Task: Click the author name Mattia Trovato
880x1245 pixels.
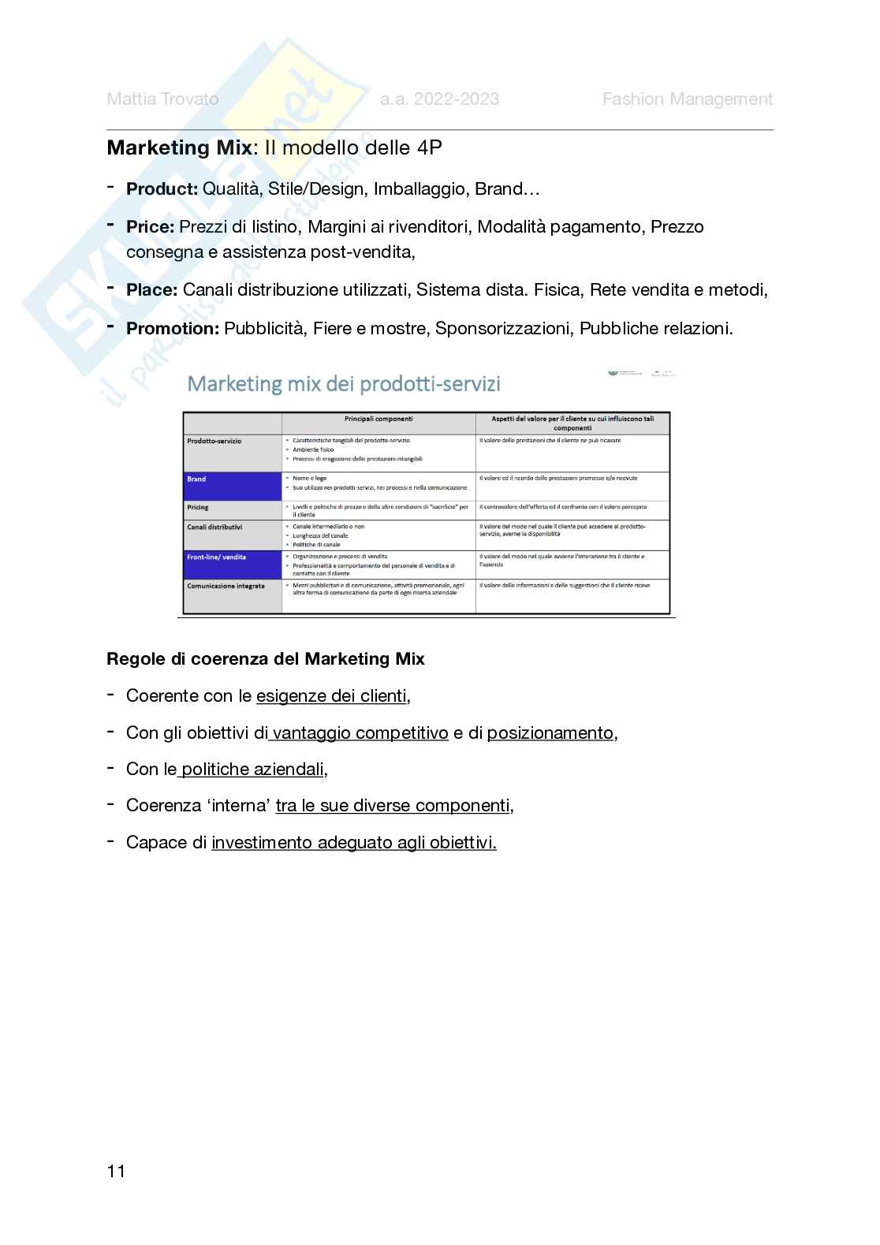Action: [x=162, y=99]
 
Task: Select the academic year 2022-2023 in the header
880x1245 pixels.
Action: [x=439, y=99]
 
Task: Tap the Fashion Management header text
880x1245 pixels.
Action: [x=687, y=99]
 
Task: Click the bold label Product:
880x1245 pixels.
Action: [x=162, y=189]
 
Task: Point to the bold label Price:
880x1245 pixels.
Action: [x=150, y=227]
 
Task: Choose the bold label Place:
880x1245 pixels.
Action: [x=151, y=290]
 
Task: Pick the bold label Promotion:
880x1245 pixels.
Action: [x=172, y=329]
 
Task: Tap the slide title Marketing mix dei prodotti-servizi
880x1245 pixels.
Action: [x=343, y=384]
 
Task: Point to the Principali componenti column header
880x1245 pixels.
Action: [x=378, y=419]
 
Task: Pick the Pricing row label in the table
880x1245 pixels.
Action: [x=198, y=508]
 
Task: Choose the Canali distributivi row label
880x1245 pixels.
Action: [x=214, y=527]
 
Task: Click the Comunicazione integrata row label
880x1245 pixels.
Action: [x=226, y=587]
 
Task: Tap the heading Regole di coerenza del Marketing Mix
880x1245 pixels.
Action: [x=265, y=659]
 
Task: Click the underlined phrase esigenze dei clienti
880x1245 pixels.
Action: [x=331, y=696]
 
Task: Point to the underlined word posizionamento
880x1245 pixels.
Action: [x=550, y=733]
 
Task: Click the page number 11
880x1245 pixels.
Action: [x=116, y=1172]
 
